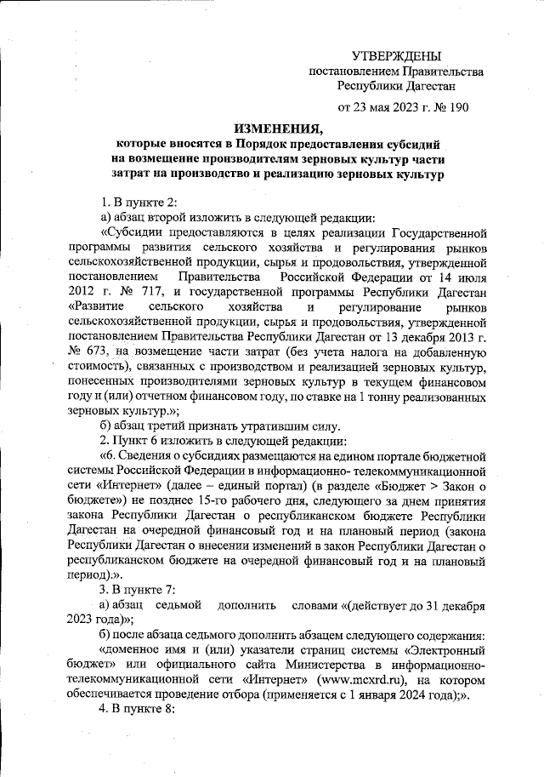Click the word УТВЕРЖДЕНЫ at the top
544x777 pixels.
point(396,56)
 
